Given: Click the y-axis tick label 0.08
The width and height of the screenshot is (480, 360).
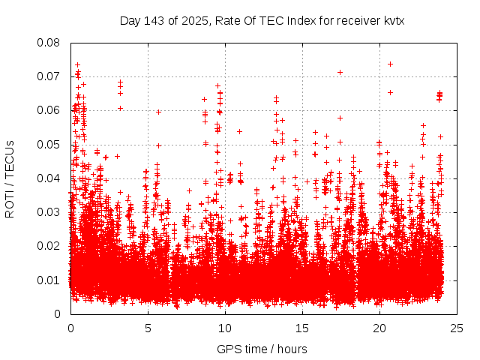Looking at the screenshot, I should tap(49, 43).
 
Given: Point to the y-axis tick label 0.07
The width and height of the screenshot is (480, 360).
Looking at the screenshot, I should tap(49, 76).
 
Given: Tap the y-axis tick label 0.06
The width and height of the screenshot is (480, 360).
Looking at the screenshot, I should tap(49, 110).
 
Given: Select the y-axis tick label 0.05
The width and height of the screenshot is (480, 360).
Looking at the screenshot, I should tap(49, 144).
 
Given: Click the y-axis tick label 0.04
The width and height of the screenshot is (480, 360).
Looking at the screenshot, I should tap(49, 178).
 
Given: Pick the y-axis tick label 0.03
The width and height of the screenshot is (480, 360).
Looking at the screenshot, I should tap(49, 212).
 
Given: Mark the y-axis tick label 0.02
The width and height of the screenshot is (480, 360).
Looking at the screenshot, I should tap(49, 246).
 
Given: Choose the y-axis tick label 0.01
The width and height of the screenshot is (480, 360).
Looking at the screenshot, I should tap(49, 280).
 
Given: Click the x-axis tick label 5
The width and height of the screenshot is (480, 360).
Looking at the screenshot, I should tap(148, 328).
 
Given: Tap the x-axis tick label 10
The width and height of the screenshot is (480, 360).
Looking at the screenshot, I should tap(225, 328).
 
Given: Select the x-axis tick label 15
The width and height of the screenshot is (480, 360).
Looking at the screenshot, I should tap(302, 328).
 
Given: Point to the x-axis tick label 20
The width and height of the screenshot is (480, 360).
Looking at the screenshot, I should tap(379, 328).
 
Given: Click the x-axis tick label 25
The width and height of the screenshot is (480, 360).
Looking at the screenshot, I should tap(457, 328).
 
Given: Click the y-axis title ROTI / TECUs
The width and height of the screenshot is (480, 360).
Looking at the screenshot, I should tap(10, 178).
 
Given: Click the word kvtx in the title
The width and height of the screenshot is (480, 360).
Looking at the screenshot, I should tap(394, 21).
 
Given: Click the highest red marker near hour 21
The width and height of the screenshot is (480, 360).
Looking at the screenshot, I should tap(390, 64).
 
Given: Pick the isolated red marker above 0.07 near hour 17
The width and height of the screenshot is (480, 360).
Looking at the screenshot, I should tap(340, 72).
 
